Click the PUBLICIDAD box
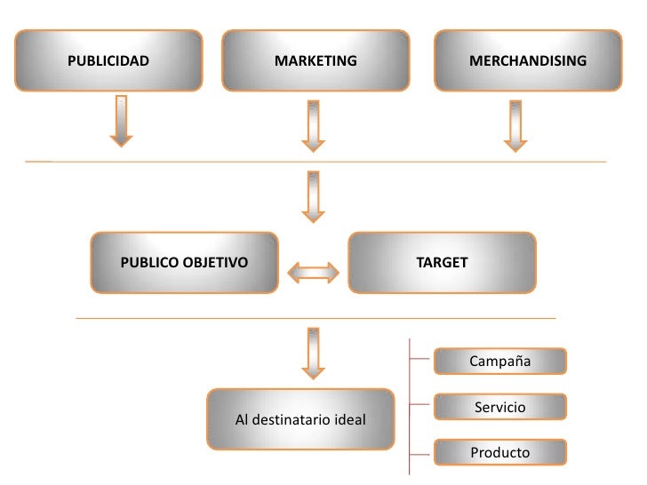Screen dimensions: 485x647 tap(108, 61)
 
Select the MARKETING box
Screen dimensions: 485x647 tap(316, 61)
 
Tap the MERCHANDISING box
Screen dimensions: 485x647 tap(528, 61)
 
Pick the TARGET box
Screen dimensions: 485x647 tap(442, 263)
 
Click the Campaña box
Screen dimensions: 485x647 tap(499, 362)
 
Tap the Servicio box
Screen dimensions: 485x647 tap(499, 408)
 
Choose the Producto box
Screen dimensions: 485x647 tap(499, 453)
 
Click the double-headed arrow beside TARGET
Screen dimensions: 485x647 tap(313, 272)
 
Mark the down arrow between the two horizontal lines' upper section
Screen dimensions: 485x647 tap(313, 197)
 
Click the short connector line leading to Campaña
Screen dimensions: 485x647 tap(421, 360)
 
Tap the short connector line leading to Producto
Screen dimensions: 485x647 tap(421, 450)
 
